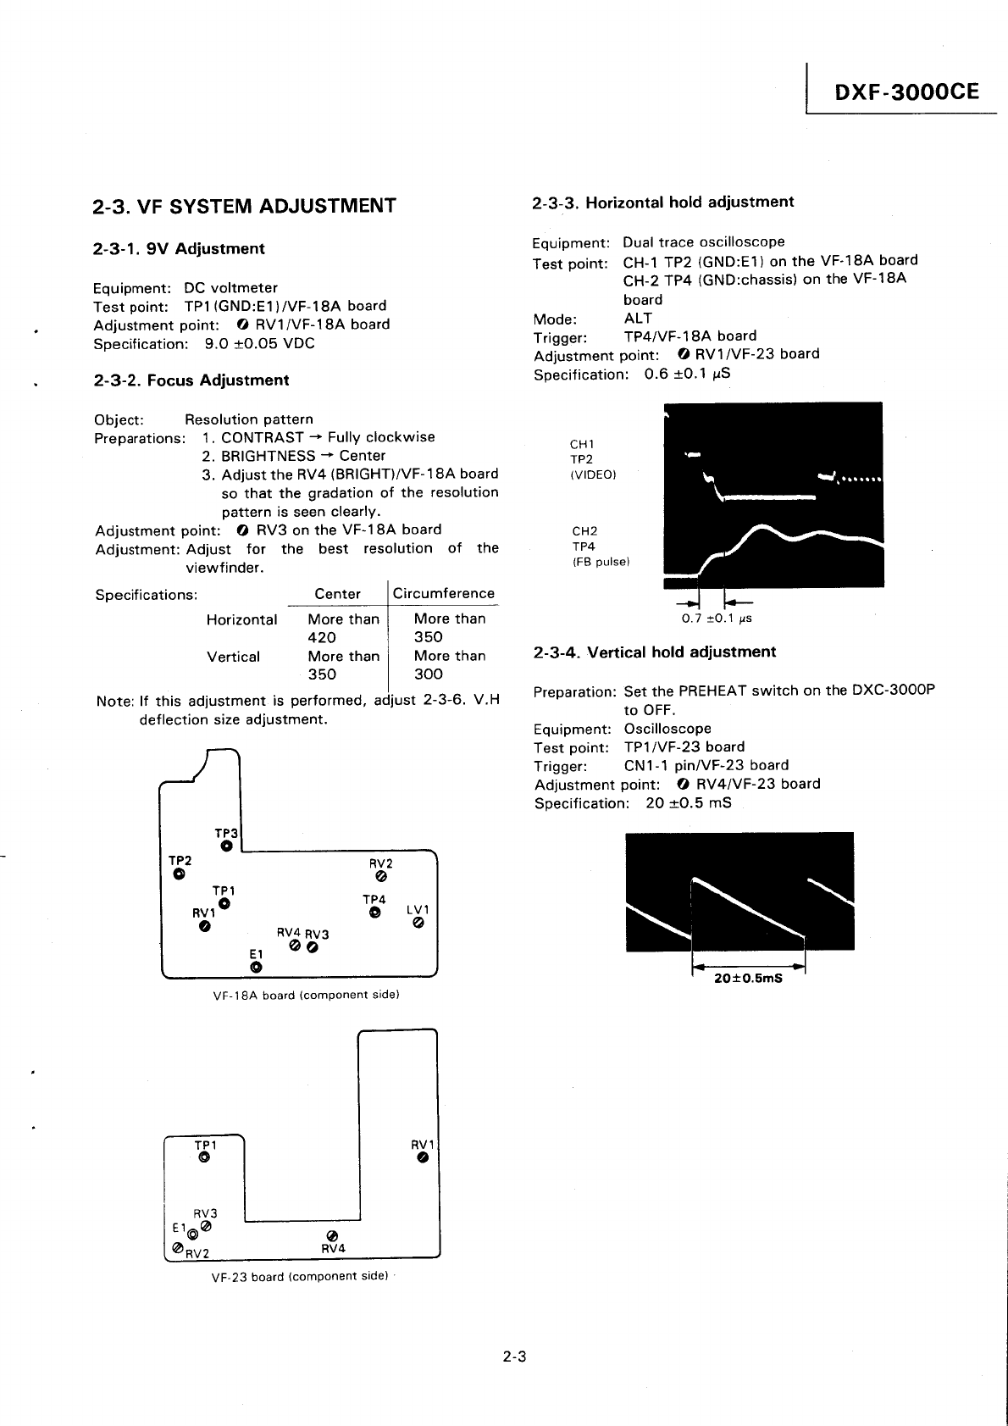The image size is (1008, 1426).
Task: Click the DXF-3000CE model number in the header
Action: coord(906,92)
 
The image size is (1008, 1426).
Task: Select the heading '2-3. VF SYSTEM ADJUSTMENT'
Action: coord(245,206)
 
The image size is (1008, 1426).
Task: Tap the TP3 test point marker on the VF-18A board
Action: coord(226,846)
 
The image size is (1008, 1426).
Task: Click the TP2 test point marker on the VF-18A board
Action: coord(179,874)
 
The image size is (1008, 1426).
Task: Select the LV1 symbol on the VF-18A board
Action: coord(418,924)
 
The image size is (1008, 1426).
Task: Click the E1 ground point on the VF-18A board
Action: coord(256,968)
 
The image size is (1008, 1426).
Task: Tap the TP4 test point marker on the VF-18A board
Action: coord(374,913)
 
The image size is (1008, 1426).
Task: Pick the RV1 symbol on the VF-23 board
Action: coord(423,1158)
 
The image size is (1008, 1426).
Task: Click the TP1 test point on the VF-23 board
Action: coord(203,1157)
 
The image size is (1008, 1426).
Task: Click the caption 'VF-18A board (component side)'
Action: coord(306,995)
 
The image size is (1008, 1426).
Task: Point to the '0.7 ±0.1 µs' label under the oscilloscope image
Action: coord(717,619)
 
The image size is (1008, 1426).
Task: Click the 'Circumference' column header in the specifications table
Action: coord(443,593)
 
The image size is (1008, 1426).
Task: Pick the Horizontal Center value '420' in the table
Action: coord(322,637)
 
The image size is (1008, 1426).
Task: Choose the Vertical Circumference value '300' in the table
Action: coord(429,674)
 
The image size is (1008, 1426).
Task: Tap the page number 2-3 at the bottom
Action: coord(514,1357)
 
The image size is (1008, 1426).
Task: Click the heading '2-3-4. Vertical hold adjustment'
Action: coord(654,652)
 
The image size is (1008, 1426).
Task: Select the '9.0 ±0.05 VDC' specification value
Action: coord(260,343)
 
